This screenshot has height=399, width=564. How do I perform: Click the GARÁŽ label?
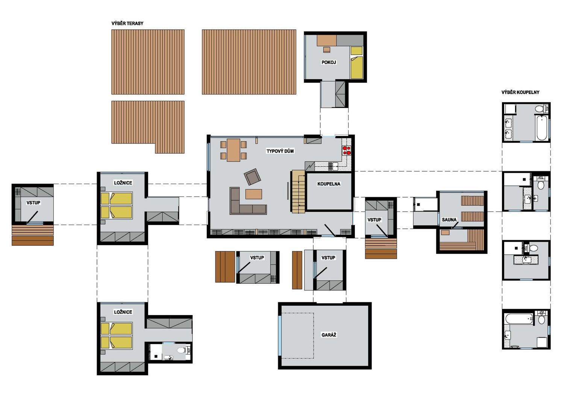pyautogui.click(x=329, y=335)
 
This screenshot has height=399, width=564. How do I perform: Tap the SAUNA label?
pyautogui.click(x=449, y=220)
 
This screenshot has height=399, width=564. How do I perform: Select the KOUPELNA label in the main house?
pyautogui.click(x=329, y=184)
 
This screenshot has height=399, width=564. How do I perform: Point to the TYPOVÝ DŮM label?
pyautogui.click(x=280, y=151)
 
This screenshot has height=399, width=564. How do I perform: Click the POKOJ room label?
pyautogui.click(x=329, y=62)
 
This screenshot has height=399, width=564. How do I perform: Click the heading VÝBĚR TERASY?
pyautogui.click(x=127, y=23)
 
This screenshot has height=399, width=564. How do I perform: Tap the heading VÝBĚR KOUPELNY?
pyautogui.click(x=520, y=92)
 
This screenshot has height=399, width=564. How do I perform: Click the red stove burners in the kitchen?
pyautogui.click(x=346, y=150)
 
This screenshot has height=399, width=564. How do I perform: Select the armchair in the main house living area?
pyautogui.click(x=252, y=177)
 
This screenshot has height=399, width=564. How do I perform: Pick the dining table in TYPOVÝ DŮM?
pyautogui.click(x=233, y=150)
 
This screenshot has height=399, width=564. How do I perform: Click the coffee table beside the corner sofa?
pyautogui.click(x=253, y=194)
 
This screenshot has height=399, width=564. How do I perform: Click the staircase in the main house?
pyautogui.click(x=298, y=192)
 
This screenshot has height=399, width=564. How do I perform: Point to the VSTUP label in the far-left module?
pyautogui.click(x=33, y=203)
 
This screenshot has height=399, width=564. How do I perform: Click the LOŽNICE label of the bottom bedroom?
pyautogui.click(x=123, y=312)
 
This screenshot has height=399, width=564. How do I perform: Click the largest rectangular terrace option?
pyautogui.click(x=249, y=62)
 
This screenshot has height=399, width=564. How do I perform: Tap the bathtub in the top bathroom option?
pyautogui.click(x=542, y=128)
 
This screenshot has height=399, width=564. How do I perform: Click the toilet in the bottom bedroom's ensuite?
pyautogui.click(x=181, y=350)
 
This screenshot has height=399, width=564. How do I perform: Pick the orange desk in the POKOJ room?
pyautogui.click(x=327, y=40)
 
